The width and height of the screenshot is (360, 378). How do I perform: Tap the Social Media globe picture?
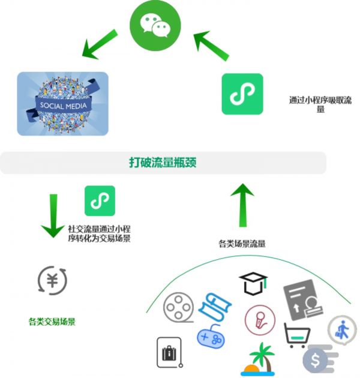(x=62, y=103)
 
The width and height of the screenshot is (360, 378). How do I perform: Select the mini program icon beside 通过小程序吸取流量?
(x=242, y=94)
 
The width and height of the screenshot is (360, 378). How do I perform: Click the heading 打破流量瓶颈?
(x=163, y=162)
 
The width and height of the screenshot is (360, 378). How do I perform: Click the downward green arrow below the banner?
(x=53, y=214)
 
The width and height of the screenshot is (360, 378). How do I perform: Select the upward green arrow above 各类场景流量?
(x=242, y=205)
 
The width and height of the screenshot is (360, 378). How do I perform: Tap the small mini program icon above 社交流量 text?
(x=100, y=200)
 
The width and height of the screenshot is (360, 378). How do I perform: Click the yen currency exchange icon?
(x=52, y=280)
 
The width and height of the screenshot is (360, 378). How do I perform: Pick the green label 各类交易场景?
(x=52, y=322)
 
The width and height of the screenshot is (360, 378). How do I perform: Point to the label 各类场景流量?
(x=242, y=244)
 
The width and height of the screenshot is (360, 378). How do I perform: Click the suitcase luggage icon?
(x=169, y=352)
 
